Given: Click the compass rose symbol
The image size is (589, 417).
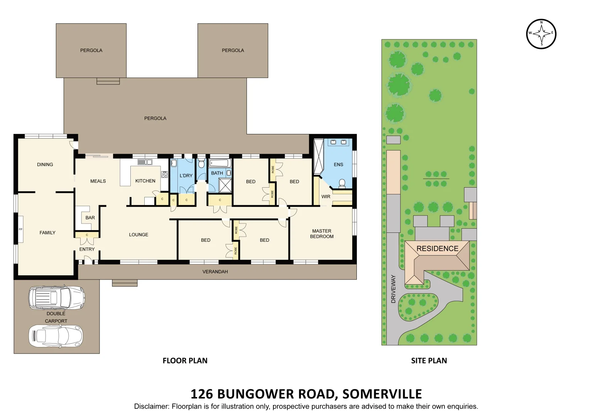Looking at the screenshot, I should click(541, 34).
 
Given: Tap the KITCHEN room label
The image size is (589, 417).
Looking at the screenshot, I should click(145, 181).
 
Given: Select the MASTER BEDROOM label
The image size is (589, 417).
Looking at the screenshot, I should click(322, 234).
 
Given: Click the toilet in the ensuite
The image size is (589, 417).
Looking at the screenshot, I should click(342, 183).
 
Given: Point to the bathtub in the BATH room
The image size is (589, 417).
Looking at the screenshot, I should click(220, 163).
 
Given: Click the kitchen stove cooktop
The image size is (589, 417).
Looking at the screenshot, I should click(165, 174).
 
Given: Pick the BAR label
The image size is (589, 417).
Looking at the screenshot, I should click(90, 218).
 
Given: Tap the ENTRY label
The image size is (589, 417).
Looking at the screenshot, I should click(87, 249).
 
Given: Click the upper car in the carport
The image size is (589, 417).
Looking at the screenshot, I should click(56, 298).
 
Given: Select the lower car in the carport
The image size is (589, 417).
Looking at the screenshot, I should click(56, 336).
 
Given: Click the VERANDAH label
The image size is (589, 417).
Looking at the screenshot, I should click(215, 272).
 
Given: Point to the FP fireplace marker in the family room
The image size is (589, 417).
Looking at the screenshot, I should click(21, 229).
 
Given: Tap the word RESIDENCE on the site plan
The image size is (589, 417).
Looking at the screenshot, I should click(437, 249).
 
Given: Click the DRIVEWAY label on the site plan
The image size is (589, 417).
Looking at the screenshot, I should click(393, 289).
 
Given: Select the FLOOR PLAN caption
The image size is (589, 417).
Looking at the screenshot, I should click(185, 361).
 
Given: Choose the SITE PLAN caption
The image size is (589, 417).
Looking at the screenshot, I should click(429, 361).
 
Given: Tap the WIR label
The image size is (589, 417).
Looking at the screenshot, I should click(326, 197).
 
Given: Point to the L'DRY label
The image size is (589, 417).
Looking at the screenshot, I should click(186, 176).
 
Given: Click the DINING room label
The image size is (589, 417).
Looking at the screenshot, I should click(45, 164).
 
